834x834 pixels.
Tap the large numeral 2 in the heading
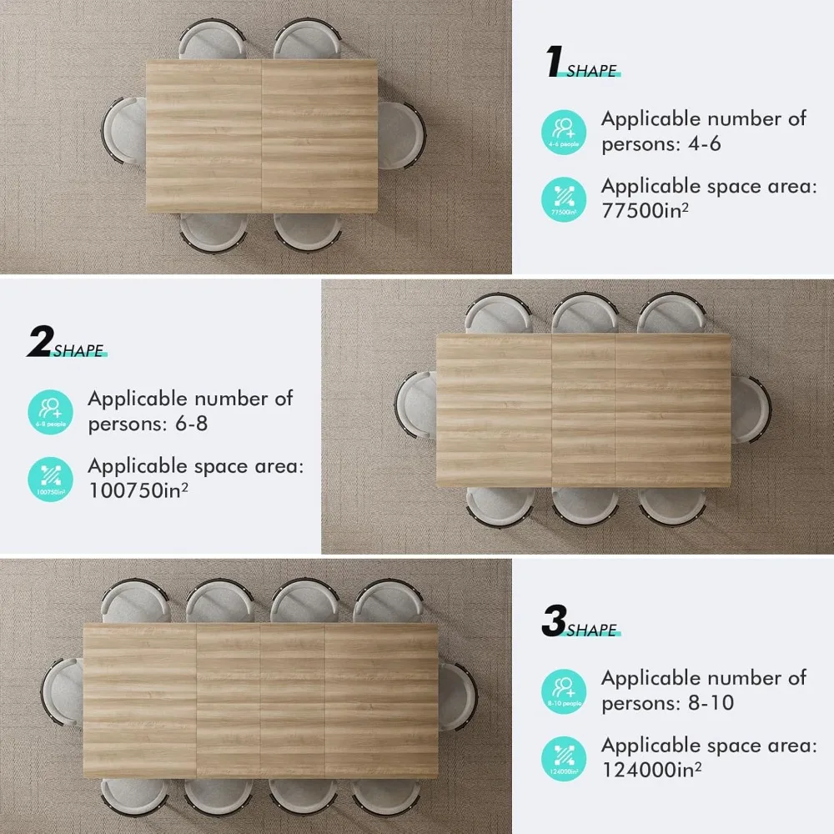pos(39,342)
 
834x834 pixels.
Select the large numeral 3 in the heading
pos(554,622)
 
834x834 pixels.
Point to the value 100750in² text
pos(138,490)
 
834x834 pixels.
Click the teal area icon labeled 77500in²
pos(564,198)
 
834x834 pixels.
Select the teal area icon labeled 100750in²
pos(50,478)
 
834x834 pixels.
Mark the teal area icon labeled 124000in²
pos(564,757)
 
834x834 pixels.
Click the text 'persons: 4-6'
pos(661,143)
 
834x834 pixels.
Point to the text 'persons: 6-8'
pos(148,423)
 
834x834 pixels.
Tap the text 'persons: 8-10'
pos(667,702)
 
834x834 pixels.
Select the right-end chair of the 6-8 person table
pos(751,409)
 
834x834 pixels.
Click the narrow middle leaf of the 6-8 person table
pos(584,410)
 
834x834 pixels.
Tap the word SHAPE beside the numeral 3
pos(592,630)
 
